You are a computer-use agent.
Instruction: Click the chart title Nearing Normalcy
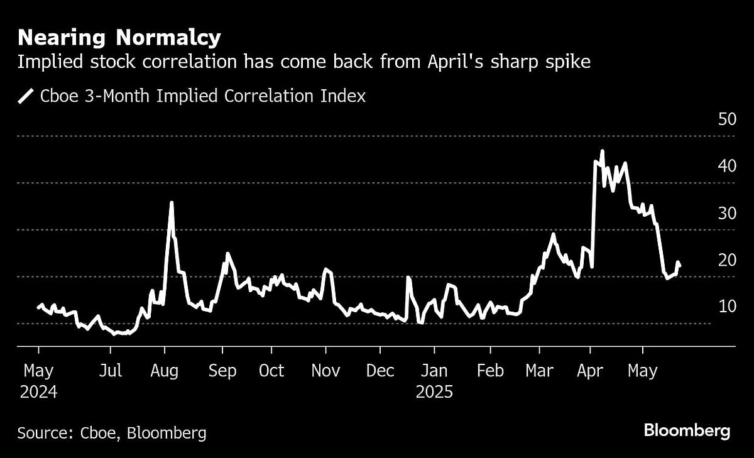tap(119, 38)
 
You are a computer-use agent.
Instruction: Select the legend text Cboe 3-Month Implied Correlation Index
tap(202, 96)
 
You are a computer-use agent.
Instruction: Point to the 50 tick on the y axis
tap(726, 119)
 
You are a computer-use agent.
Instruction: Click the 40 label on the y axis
tap(726, 166)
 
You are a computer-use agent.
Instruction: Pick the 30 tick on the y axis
tap(726, 214)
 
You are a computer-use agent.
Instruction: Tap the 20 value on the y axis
tap(726, 260)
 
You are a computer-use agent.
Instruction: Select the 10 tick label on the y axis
tap(726, 307)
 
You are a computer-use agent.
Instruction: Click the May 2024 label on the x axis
tap(38, 381)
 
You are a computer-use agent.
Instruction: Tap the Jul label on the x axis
tap(111, 371)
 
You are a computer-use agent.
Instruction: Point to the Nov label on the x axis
tap(325, 371)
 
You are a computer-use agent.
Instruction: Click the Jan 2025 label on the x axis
tap(434, 381)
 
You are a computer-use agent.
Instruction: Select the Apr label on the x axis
tap(590, 371)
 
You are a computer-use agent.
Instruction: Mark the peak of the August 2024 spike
tap(172, 202)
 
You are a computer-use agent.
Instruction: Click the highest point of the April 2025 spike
tap(602, 151)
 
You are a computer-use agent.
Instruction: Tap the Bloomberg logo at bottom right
tap(687, 431)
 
